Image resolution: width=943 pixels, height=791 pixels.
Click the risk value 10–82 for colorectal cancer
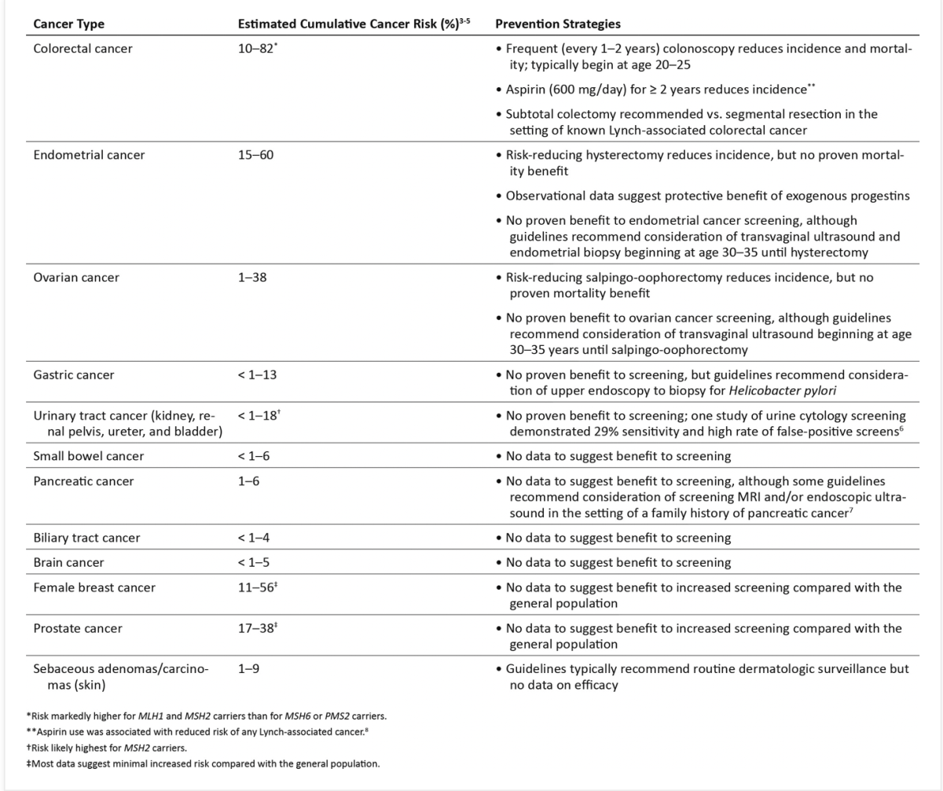pos(256,49)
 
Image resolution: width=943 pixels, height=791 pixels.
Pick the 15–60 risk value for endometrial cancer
pos(255,155)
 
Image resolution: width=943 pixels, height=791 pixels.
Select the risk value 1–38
pos(252,278)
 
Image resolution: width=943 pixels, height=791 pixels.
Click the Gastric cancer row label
pos(73,375)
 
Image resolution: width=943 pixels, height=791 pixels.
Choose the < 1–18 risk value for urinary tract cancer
pos(258,415)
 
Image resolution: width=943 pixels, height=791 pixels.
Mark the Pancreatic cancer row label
pos(79,481)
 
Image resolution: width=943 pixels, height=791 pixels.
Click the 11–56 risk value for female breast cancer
pos(256,587)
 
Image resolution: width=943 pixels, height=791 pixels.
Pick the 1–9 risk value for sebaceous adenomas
pos(249,669)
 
